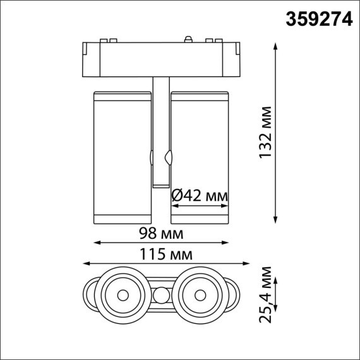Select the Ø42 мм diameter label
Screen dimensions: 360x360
(x=199, y=196)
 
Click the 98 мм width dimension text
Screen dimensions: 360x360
(x=162, y=234)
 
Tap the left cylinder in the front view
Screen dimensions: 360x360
(x=123, y=157)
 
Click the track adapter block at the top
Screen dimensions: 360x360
(x=160, y=58)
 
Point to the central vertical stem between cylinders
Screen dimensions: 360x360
(x=161, y=133)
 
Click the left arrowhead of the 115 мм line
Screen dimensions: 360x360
(x=85, y=265)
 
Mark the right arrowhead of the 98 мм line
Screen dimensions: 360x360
(x=227, y=242)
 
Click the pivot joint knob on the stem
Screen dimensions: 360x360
(x=169, y=155)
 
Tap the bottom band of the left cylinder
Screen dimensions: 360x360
(x=123, y=219)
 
